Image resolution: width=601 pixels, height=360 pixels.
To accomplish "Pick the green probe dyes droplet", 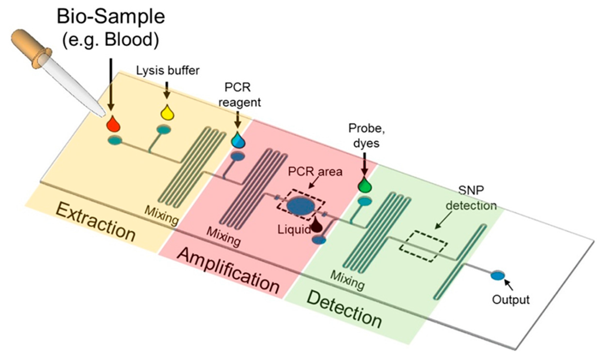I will tap(365, 185).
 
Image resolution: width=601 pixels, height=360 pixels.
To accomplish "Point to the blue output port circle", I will tap(498, 275).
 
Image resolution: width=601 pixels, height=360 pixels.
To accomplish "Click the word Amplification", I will tap(229, 270).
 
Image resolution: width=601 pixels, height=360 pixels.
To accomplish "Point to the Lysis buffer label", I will tap(167, 71).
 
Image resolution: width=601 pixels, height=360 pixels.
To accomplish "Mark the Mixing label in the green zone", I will tap(347, 280).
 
